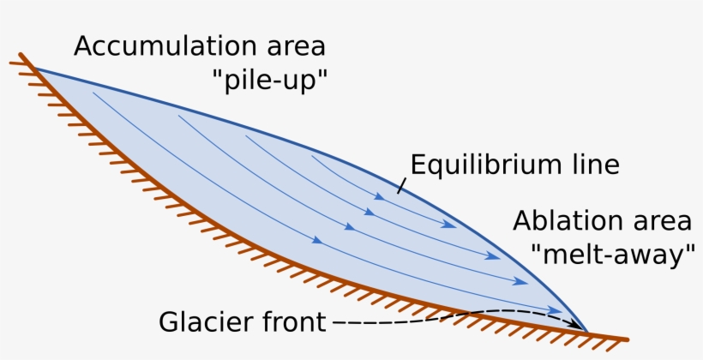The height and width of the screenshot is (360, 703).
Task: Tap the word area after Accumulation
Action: pyautogui.click(x=296, y=46)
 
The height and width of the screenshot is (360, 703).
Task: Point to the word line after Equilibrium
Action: pyautogui.click(x=593, y=165)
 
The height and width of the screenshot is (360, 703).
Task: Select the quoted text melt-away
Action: pyautogui.click(x=612, y=255)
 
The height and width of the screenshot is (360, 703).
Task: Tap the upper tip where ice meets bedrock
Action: pyautogui.click(x=34, y=69)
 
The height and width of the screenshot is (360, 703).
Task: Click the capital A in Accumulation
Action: pyautogui.click(x=85, y=46)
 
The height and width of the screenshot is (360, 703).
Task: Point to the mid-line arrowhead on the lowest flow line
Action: pyautogui.click(x=317, y=241)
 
